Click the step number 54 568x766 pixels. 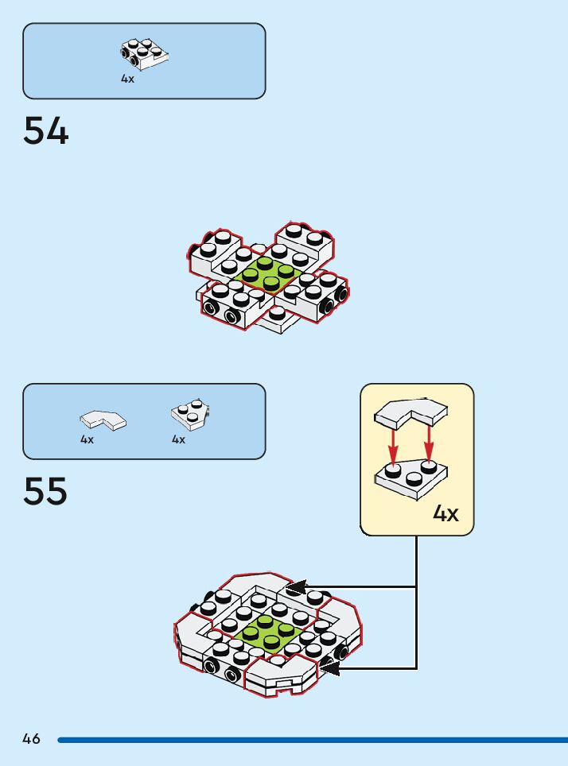tap(46, 131)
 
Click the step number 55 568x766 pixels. tap(45, 491)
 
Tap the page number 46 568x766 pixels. tap(31, 739)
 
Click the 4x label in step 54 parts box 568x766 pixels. tap(128, 79)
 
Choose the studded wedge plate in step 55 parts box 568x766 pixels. tap(189, 415)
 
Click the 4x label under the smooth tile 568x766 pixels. tap(87, 439)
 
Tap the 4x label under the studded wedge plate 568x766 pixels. tap(178, 439)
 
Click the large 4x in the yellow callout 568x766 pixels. tap(445, 513)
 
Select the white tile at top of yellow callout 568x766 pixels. tap(410, 412)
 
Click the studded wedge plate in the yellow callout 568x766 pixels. tap(410, 478)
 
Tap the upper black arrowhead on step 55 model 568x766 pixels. tap(296, 587)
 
